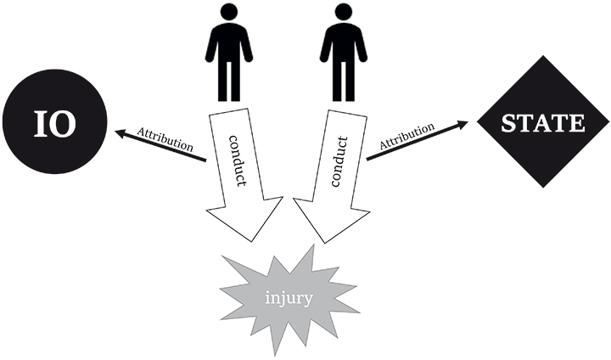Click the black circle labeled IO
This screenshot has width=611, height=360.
(x=54, y=124)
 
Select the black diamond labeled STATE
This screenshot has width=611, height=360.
(x=543, y=123)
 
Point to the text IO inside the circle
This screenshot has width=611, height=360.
(x=54, y=124)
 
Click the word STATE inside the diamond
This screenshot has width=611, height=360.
(x=543, y=124)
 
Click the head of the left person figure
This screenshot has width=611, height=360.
(x=228, y=13)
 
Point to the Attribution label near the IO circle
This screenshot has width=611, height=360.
(x=166, y=140)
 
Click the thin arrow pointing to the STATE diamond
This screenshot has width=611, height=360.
(x=416, y=141)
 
